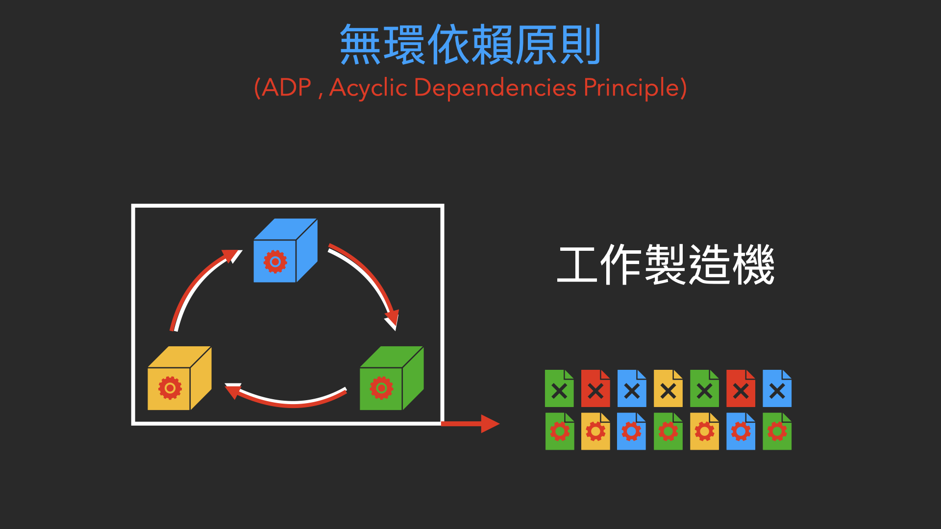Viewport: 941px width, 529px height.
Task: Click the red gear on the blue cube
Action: [275, 262]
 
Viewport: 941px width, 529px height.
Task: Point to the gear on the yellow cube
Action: [170, 388]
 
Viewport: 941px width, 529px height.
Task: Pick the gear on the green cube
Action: [381, 388]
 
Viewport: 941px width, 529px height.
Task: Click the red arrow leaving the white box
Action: [470, 424]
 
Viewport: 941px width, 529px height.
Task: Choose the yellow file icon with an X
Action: [668, 389]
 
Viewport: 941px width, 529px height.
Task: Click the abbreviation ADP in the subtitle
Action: [287, 88]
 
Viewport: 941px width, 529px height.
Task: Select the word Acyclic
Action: [369, 88]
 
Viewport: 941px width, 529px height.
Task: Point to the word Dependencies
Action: [495, 88]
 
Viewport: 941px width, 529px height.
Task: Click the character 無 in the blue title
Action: [360, 45]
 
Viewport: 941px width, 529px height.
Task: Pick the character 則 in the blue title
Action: [581, 45]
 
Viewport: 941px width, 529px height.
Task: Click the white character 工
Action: [577, 265]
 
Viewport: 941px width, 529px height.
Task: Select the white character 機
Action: [754, 265]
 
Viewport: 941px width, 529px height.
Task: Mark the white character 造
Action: [710, 265]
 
